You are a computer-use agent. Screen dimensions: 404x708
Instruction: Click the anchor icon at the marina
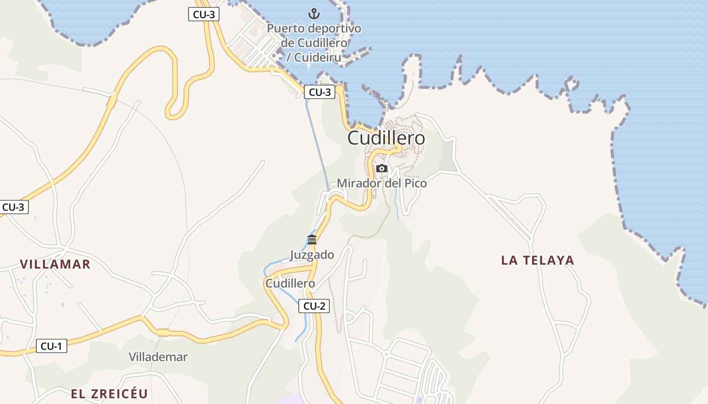tap(314, 14)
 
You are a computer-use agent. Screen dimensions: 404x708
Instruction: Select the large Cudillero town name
tap(386, 138)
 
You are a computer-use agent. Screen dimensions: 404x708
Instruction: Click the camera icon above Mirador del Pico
tap(382, 168)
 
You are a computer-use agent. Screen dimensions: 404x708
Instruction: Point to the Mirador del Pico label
tap(382, 183)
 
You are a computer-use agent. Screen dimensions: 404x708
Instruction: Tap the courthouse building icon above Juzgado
tap(312, 239)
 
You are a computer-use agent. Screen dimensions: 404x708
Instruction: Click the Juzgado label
tap(312, 255)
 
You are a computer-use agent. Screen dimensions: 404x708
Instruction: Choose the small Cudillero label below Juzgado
tap(290, 283)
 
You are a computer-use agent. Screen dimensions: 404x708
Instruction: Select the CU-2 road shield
tap(314, 306)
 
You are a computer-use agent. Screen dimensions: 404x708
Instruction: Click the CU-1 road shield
tap(52, 346)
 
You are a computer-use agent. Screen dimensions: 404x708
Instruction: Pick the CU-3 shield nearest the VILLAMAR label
tap(14, 207)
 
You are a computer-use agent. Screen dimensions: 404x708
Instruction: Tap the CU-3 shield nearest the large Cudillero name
tap(320, 92)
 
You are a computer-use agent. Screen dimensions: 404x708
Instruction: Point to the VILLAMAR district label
tap(55, 264)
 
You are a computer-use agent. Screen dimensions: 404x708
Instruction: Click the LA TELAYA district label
tap(538, 260)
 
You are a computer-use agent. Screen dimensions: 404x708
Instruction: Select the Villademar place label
tap(158, 357)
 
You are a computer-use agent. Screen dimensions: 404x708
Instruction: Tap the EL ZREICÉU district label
tap(109, 394)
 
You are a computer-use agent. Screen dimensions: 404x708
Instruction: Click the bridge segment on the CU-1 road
tap(163, 332)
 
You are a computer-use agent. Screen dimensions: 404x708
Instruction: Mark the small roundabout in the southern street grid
tap(386, 355)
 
